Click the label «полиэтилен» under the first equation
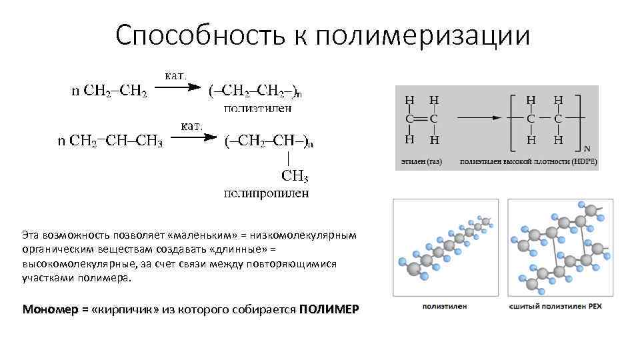tap(257, 107)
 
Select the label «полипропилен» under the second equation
tap(265, 193)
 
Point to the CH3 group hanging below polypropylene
tap(294, 176)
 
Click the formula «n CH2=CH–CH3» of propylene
tap(110, 140)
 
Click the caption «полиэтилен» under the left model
tap(445, 307)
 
